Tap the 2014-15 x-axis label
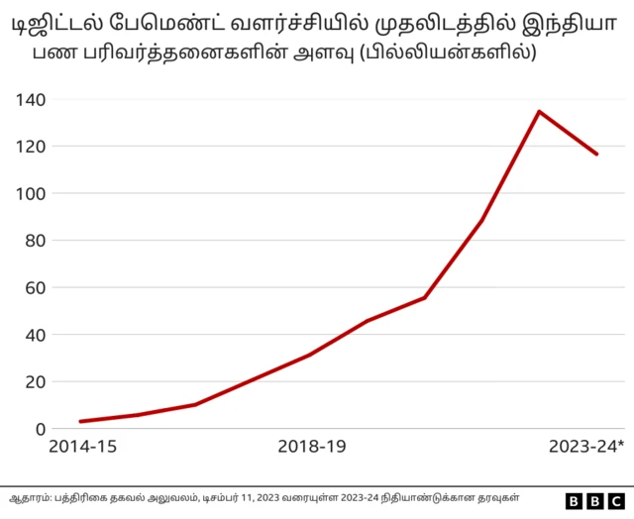point(83,448)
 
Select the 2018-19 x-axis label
point(311,448)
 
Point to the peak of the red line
point(539,111)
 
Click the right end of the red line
point(597,155)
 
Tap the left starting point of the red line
point(80,422)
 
